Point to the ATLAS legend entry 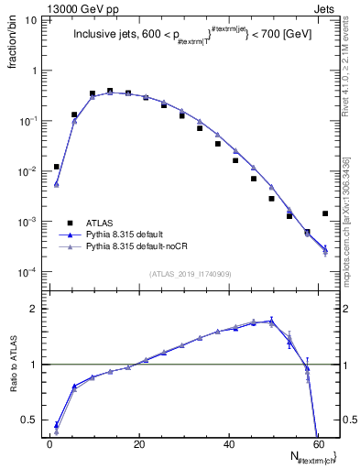[100, 222]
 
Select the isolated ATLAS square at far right [325, 213]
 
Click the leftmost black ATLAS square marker [57, 167]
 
